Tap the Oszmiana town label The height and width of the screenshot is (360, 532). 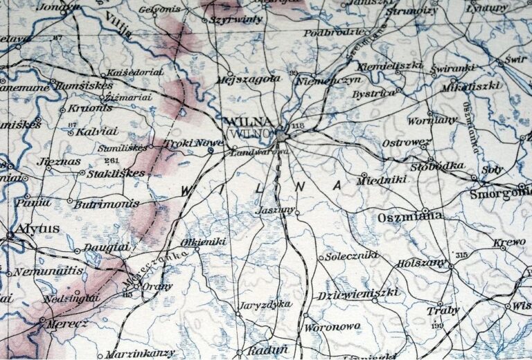[411, 217]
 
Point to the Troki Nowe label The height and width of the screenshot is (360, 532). [184, 143]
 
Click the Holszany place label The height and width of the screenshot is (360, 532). [421, 264]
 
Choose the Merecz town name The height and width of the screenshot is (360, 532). [57, 323]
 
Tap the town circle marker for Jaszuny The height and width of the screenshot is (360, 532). [297, 213]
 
